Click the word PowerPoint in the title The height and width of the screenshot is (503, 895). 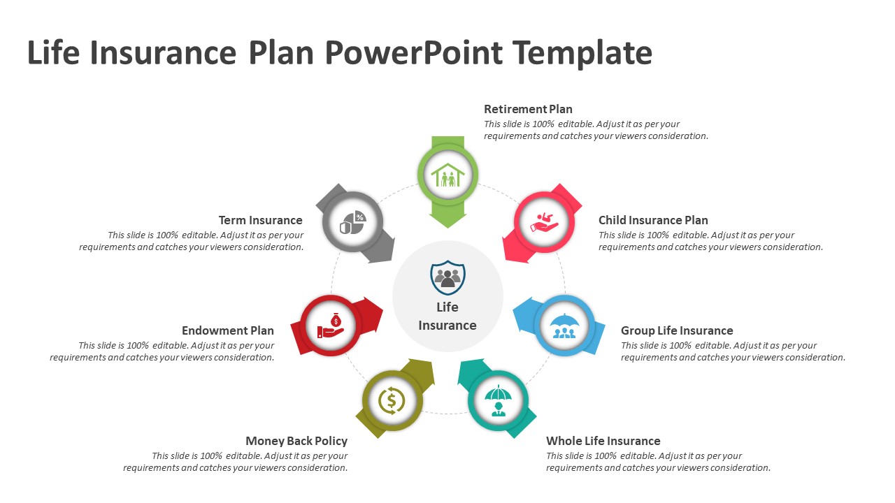click(x=413, y=52)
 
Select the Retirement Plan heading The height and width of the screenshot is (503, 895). click(x=528, y=109)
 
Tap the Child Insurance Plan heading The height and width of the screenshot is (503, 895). click(x=653, y=220)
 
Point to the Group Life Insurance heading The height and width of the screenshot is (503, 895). click(x=676, y=330)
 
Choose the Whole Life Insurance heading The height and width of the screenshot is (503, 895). click(x=603, y=441)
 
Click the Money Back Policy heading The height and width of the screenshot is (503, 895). click(x=296, y=441)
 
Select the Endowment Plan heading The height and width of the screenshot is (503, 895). click(x=228, y=330)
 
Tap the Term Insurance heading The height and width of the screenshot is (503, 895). click(x=261, y=220)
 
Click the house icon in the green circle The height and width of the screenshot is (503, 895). click(x=447, y=175)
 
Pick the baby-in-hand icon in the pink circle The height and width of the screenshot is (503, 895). click(x=544, y=223)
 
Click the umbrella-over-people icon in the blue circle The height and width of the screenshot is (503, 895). click(x=564, y=326)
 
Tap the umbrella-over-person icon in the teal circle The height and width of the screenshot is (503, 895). click(x=498, y=400)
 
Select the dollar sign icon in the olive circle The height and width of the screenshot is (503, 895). click(x=392, y=400)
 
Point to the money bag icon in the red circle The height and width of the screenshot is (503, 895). click(x=331, y=326)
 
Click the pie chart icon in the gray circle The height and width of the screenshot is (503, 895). click(x=352, y=222)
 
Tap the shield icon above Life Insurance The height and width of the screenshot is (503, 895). click(x=447, y=278)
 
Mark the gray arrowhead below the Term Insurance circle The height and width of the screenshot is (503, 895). click(x=380, y=250)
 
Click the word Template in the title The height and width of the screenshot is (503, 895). click(x=582, y=52)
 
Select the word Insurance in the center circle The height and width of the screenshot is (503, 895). click(x=447, y=326)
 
